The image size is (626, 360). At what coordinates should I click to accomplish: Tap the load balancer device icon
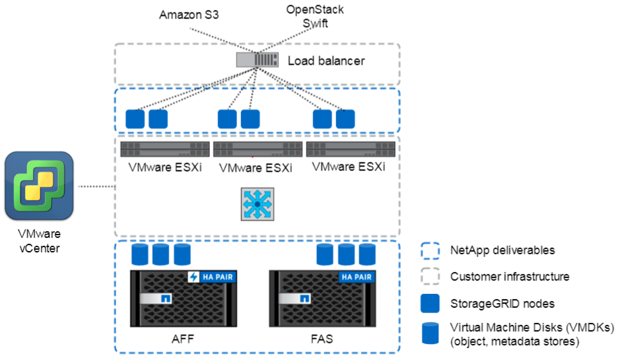point(258,61)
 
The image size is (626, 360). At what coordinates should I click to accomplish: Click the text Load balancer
point(326,61)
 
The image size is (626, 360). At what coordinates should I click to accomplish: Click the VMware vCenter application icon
point(39,186)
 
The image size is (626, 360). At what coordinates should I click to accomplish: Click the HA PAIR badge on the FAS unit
point(357,277)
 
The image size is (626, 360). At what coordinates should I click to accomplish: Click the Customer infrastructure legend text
point(509,277)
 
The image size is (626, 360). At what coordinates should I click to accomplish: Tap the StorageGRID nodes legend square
point(430,303)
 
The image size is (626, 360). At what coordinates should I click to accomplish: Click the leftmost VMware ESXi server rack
point(164,149)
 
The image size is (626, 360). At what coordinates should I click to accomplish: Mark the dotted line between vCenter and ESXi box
point(96,187)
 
